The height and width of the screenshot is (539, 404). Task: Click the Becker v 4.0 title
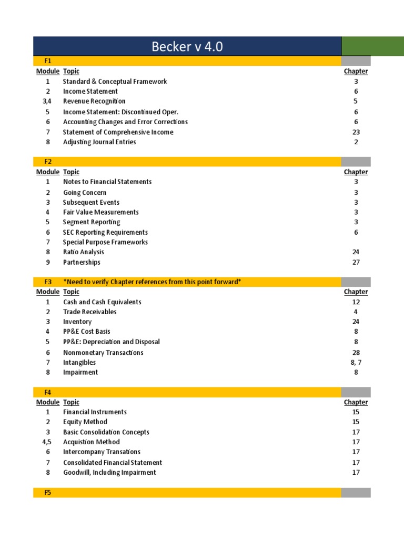pos(187,47)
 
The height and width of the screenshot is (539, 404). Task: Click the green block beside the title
pos(372,46)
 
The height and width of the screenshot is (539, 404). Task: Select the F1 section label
pos(47,61)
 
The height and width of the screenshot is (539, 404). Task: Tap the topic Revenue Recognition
pos(94,101)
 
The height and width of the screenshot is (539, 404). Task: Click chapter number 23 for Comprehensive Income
pos(356,132)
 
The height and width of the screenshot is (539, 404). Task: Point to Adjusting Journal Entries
pos(99,142)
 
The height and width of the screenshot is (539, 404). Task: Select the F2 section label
pos(47,162)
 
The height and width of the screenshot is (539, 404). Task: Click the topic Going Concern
pos(85,193)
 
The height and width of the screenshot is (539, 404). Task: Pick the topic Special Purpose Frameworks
pos(105,242)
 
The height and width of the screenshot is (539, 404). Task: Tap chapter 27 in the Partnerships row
pos(356,262)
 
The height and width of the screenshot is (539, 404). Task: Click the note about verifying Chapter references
pos(152,282)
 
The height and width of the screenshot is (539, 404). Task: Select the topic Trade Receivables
pos(90,312)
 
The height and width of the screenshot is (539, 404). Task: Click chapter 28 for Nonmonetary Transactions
pos(356,353)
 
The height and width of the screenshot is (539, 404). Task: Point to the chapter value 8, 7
pos(356,362)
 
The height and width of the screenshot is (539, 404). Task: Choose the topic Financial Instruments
pos(95,412)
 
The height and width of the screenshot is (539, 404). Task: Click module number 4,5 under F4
pos(47,442)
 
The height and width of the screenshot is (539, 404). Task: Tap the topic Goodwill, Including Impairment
pos(109,473)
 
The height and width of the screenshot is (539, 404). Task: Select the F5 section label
pos(47,493)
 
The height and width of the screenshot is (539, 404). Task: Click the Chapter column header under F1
pos(356,71)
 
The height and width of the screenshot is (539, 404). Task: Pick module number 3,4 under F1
pos(47,101)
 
